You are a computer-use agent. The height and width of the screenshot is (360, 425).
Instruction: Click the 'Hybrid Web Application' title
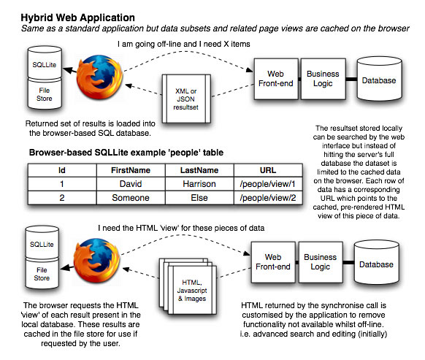click(78, 18)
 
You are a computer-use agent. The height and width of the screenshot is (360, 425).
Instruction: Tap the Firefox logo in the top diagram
click(99, 77)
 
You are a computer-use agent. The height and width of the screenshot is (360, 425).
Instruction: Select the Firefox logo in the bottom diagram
click(97, 261)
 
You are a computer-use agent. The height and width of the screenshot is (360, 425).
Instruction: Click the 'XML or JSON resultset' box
click(186, 99)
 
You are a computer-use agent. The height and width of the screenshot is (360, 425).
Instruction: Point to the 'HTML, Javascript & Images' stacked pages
click(188, 286)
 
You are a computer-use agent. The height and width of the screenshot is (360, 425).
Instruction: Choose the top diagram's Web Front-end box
click(276, 79)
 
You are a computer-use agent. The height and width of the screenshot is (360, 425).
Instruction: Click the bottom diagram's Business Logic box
click(321, 262)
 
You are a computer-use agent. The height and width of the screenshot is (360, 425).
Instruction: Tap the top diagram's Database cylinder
click(379, 79)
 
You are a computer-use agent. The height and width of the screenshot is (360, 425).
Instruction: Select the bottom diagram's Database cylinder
click(377, 263)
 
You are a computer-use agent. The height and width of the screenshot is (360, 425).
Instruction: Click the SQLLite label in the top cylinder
click(45, 65)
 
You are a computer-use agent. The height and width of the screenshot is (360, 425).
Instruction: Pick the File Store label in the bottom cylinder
click(42, 274)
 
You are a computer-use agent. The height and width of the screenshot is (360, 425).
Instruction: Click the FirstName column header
click(131, 170)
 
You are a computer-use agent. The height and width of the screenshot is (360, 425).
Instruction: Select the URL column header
click(268, 170)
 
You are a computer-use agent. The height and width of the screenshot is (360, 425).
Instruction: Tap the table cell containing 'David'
click(131, 184)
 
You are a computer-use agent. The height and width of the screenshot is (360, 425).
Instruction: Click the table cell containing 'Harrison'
click(199, 184)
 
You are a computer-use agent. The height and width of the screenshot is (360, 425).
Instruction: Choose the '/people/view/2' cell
click(268, 198)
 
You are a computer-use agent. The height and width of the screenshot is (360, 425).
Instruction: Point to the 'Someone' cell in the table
click(131, 198)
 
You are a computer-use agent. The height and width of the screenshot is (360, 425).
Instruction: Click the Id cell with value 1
click(62, 184)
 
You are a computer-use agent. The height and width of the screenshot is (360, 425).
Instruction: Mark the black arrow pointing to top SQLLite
click(70, 71)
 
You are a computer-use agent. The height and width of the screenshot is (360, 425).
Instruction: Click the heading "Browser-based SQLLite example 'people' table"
click(126, 153)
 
